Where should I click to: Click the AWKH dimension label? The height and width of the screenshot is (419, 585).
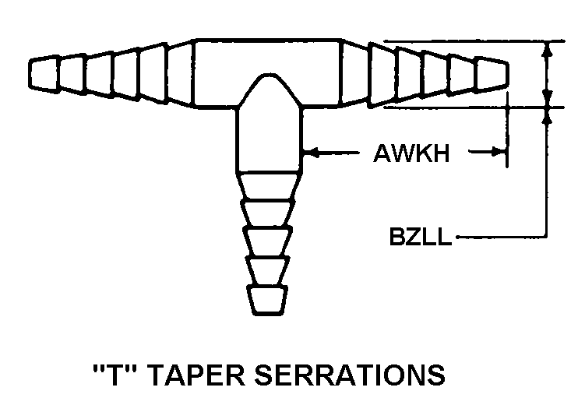click(411, 153)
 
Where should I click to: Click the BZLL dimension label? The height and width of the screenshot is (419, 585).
click(420, 236)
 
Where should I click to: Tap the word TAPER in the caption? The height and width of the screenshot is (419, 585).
click(199, 375)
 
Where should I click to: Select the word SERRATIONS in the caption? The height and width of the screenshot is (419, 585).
click(350, 375)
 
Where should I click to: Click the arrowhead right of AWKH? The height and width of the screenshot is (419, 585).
click(499, 152)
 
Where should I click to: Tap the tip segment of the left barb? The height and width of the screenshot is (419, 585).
click(44, 74)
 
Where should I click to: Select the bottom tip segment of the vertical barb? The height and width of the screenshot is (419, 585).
click(266, 301)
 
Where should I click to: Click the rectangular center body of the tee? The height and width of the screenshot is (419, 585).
click(267, 73)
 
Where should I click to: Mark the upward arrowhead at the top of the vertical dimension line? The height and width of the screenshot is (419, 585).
click(547, 51)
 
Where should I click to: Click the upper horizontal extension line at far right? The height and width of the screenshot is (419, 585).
click(474, 41)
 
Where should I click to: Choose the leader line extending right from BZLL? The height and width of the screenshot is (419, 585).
click(502, 237)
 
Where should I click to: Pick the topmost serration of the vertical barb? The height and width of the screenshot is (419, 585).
click(268, 186)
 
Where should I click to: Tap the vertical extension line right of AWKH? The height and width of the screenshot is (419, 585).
click(507, 130)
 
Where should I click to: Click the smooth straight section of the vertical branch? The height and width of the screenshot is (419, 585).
click(269, 140)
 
